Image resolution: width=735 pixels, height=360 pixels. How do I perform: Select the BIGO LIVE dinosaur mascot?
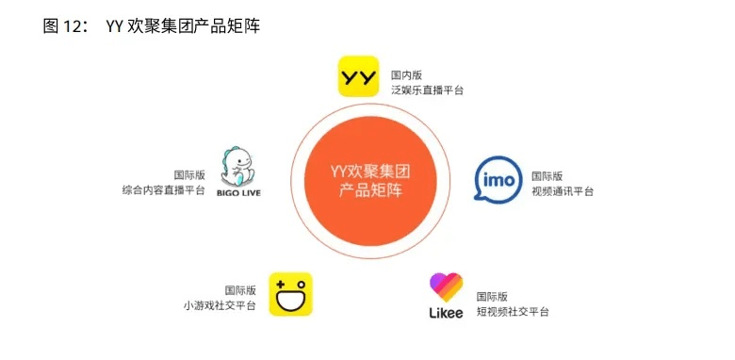pos(238,167)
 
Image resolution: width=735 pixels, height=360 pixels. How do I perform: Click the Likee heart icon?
pos(446,286)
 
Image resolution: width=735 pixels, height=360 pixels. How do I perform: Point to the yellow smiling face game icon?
pos(290,294)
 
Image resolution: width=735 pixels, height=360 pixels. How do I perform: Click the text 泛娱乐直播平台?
pos(427,90)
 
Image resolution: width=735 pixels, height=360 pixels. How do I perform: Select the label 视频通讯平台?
pos(563,191)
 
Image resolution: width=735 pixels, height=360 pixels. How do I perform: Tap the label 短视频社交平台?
pos(513,311)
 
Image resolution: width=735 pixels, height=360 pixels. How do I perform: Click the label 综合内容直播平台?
pos(163,189)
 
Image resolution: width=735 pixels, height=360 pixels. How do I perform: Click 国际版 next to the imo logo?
pos(547,175)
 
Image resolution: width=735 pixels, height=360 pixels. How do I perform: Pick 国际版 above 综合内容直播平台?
pos(188,173)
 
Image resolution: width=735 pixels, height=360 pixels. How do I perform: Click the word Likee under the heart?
pos(446,312)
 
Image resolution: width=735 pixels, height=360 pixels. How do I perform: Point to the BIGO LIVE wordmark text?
pos(238,193)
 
